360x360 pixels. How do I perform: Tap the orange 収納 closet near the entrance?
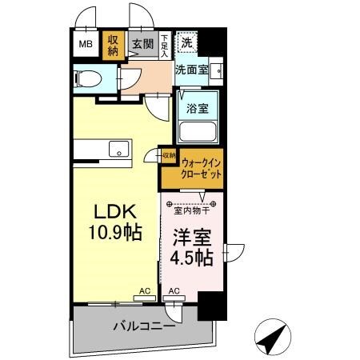[x=113, y=45]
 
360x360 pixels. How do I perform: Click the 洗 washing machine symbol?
[x=186, y=42]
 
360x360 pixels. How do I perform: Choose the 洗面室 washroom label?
[x=192, y=69]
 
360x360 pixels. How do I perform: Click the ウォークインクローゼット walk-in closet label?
[x=200, y=167]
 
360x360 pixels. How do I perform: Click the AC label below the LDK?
[x=145, y=290]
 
